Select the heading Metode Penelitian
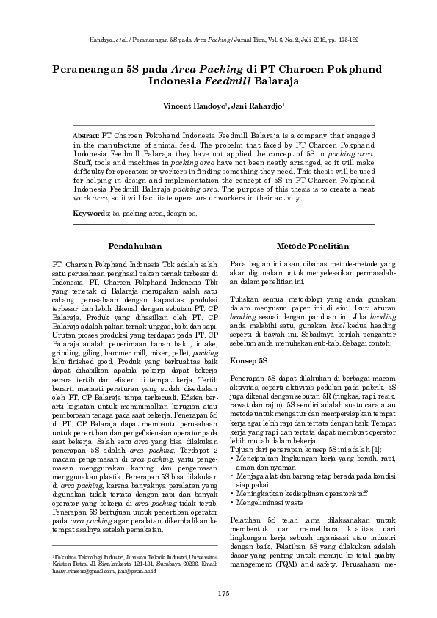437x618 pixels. pos(307,246)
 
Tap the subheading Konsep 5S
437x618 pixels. pos(250,362)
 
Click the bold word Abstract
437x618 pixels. pos(88,137)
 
